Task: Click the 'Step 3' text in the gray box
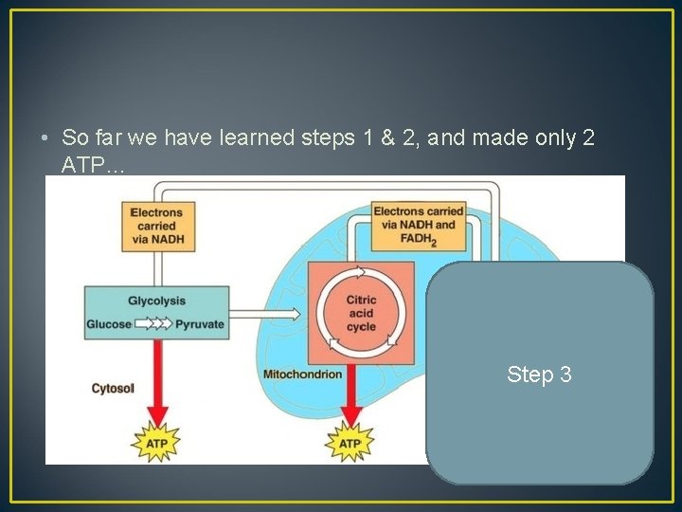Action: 539,375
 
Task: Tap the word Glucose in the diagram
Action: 109,323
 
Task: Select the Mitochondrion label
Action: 303,374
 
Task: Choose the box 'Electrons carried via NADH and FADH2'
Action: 418,225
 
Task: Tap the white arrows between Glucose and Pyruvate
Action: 153,323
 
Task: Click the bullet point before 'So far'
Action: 46,138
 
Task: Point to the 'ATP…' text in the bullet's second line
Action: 93,165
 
